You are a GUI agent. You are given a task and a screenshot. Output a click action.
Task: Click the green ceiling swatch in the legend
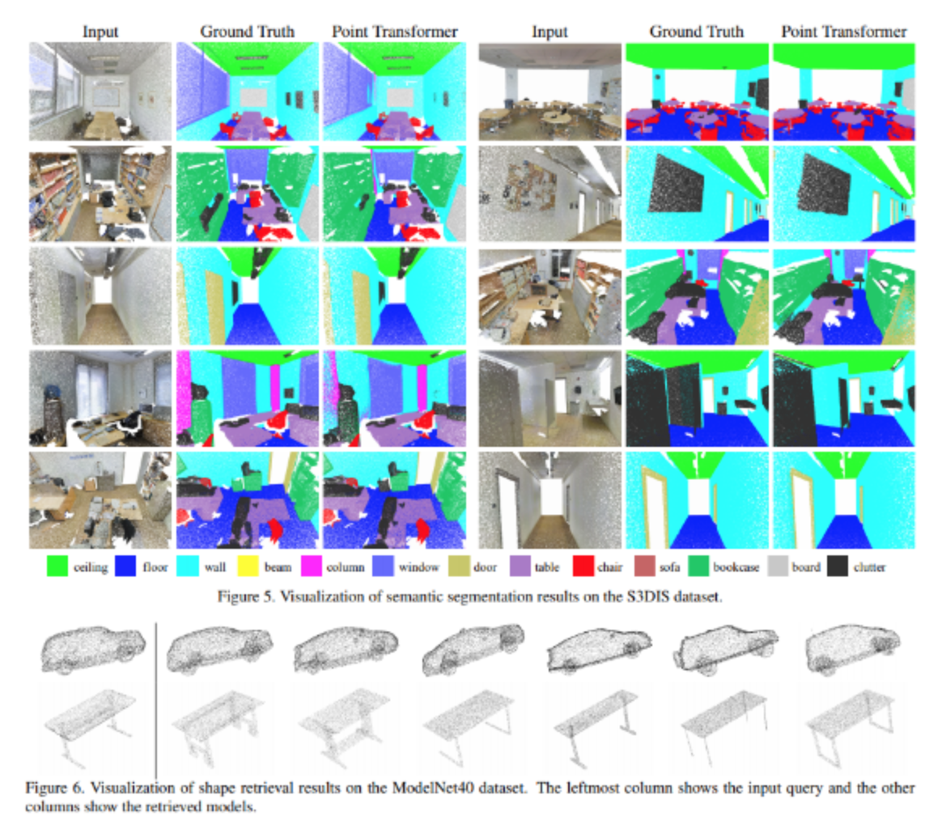pyautogui.click(x=57, y=566)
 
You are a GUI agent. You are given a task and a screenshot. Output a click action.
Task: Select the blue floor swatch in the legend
pyautogui.click(x=125, y=566)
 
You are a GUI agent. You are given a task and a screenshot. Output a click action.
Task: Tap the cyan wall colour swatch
pyautogui.click(x=188, y=566)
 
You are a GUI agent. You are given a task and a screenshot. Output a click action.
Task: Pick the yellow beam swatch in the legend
pyautogui.click(x=248, y=566)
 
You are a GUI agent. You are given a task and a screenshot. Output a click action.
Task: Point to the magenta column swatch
pyautogui.click(x=312, y=566)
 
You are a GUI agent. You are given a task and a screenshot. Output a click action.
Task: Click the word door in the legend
pyautogui.click(x=485, y=567)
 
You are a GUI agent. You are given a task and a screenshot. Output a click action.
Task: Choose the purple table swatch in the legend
pyautogui.click(x=520, y=566)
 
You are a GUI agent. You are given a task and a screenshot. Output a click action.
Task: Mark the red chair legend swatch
pyautogui.click(x=583, y=566)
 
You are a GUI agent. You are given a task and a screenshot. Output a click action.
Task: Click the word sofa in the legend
pyautogui.click(x=670, y=567)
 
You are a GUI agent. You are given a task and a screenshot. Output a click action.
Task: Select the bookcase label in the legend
pyautogui.click(x=736, y=567)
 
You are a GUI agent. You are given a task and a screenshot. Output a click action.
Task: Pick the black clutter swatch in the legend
pyautogui.click(x=838, y=566)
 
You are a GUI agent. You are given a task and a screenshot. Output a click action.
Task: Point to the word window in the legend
pyautogui.click(x=418, y=567)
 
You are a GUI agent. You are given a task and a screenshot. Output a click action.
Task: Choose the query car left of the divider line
pyautogui.click(x=93, y=650)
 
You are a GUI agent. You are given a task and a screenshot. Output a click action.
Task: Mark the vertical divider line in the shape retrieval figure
pyautogui.click(x=156, y=700)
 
